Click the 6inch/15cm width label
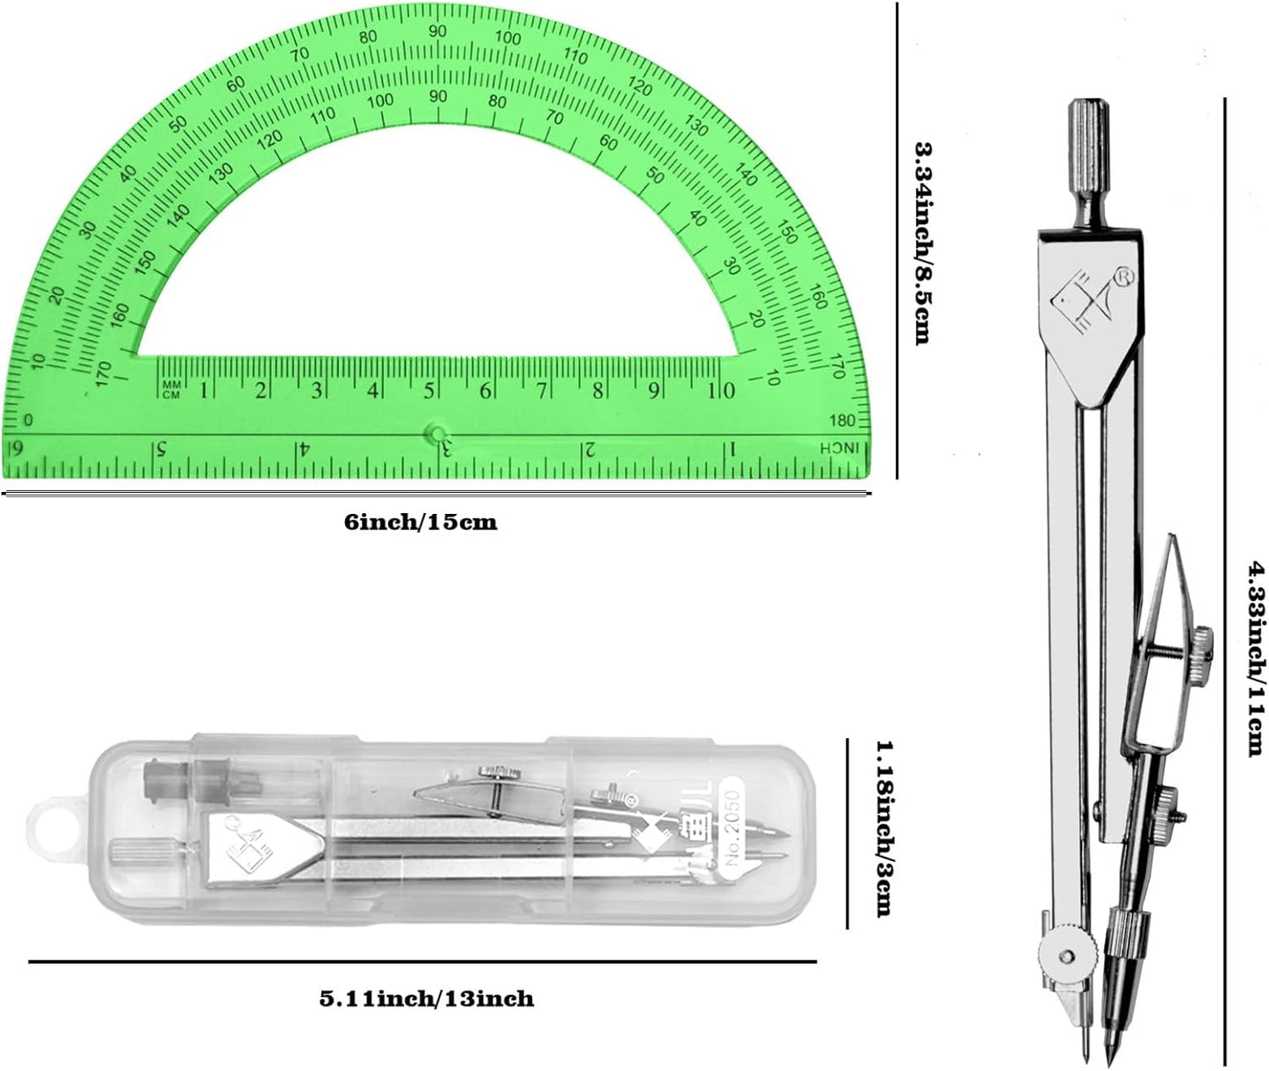pyautogui.click(x=420, y=523)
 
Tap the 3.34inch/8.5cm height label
pyautogui.click(x=922, y=243)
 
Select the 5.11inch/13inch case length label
pyautogui.click(x=426, y=999)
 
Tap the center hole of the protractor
pyautogui.click(x=436, y=432)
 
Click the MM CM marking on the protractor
pyautogui.click(x=171, y=389)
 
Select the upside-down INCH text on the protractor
pyautogui.click(x=836, y=448)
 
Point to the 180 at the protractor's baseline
pyautogui.click(x=843, y=419)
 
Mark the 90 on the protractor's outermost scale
pyautogui.click(x=436, y=32)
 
